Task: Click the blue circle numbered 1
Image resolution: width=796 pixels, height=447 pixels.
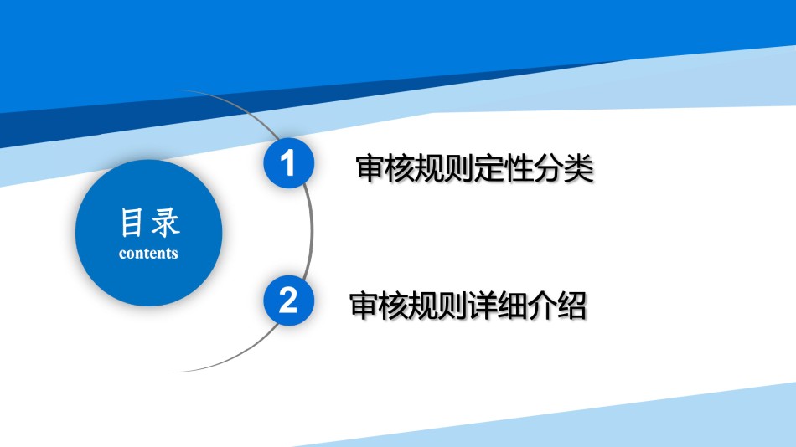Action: click(288, 163)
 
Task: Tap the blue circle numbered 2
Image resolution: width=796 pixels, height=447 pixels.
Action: click(288, 301)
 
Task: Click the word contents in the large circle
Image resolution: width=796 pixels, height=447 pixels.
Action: click(148, 253)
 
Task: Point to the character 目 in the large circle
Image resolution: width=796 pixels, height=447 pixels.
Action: click(131, 222)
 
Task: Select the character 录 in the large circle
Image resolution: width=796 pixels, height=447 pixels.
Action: click(166, 222)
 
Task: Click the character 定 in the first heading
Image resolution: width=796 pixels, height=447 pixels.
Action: click(489, 168)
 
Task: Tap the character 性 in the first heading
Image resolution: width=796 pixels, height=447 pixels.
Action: click(519, 168)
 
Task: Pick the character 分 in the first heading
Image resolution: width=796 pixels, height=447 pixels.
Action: click(549, 168)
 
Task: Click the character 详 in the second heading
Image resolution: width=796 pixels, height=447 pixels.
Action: click(483, 306)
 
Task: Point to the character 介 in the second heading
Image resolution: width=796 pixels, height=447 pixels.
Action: click(542, 306)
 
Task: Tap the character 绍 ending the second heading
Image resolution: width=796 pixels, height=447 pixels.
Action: click(571, 306)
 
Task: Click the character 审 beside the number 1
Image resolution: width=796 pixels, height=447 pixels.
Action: click(370, 168)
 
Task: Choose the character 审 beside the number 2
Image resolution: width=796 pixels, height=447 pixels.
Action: click(364, 306)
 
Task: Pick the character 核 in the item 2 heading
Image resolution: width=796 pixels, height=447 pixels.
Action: click(394, 306)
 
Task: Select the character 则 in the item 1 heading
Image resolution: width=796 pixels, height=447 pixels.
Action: click(459, 168)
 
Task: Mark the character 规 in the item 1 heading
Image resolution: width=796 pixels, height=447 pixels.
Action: click(430, 168)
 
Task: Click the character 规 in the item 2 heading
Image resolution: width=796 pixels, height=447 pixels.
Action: click(423, 306)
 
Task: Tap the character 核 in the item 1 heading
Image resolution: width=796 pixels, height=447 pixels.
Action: click(400, 168)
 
